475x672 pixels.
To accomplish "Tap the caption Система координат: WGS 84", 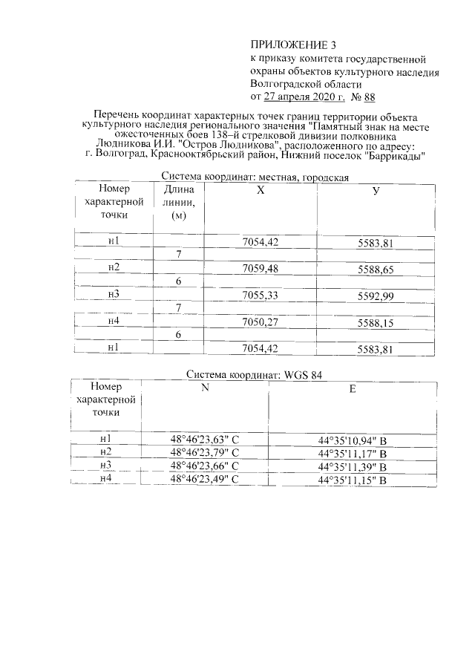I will tap(255, 375).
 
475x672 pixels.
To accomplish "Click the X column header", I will tap(260, 190).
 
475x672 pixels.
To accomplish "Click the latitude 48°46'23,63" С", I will tap(205, 440).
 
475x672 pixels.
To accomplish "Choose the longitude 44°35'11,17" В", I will tap(353, 454).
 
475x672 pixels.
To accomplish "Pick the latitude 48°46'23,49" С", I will tap(205, 480).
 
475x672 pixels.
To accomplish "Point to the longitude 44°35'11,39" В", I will tap(353, 467).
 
